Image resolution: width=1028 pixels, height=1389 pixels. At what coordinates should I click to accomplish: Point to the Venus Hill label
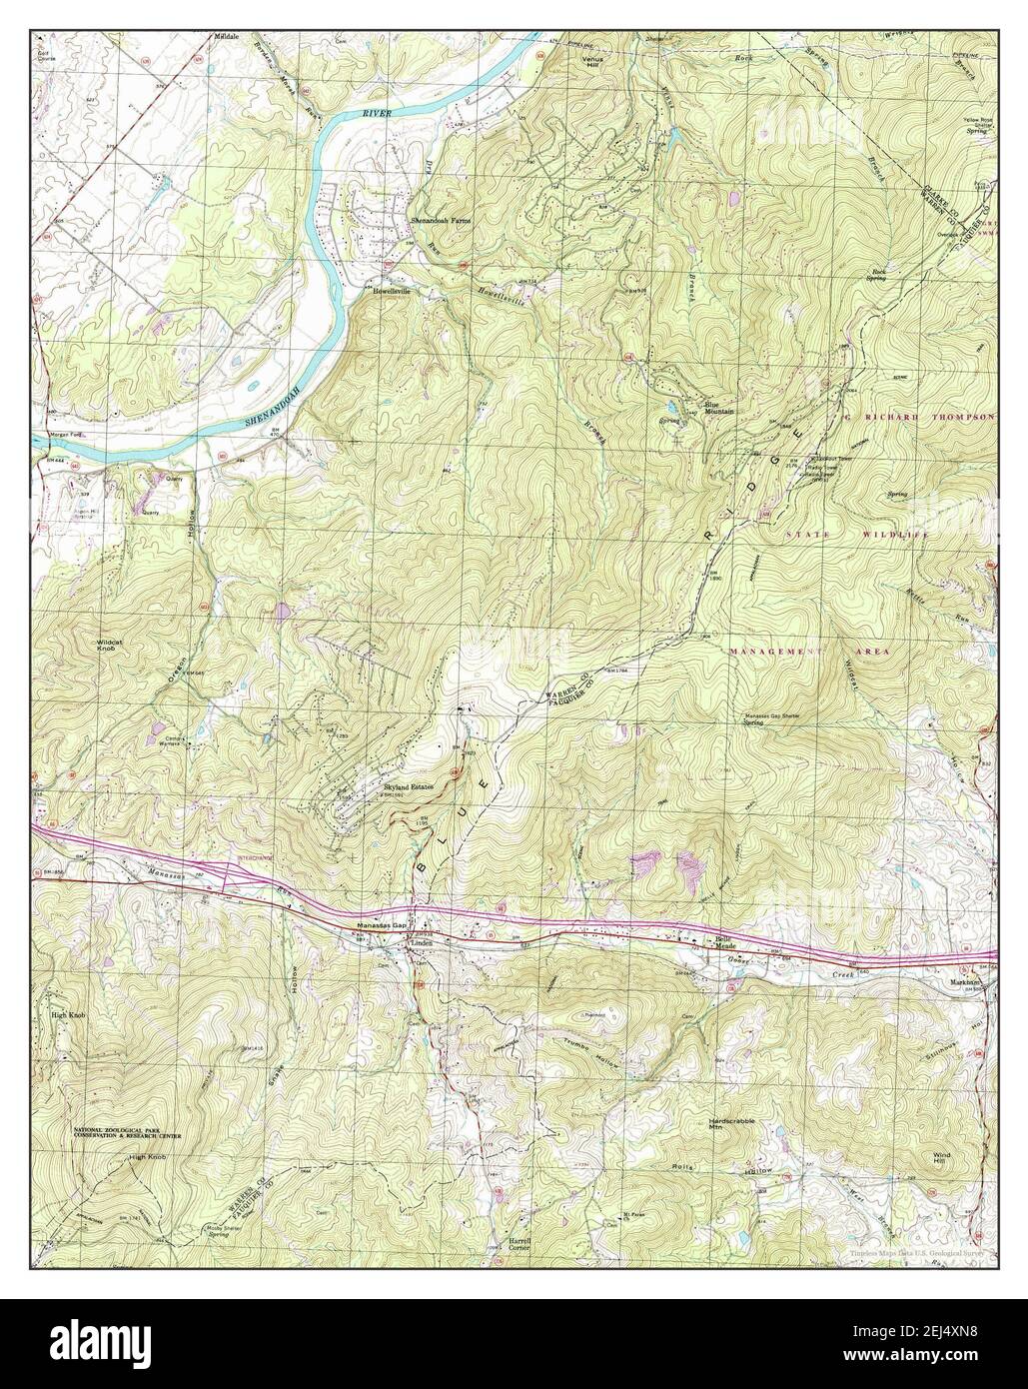[x=593, y=61]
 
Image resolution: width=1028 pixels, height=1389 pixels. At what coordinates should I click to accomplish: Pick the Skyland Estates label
[x=409, y=786]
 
